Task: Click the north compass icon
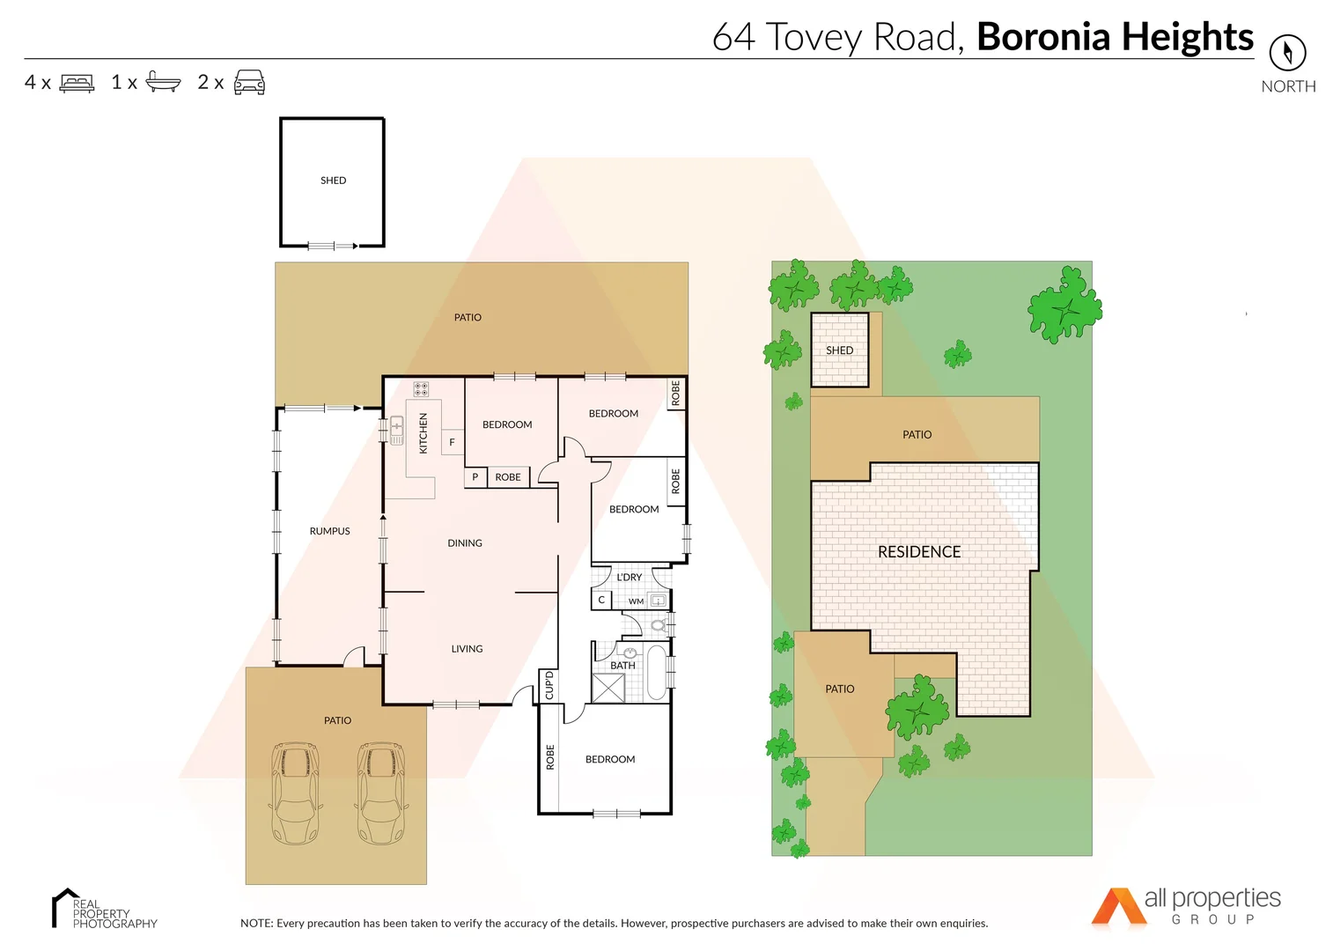click(x=1287, y=53)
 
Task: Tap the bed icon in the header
click(x=77, y=83)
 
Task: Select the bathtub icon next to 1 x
click(x=163, y=82)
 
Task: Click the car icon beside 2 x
click(x=249, y=82)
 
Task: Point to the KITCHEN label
click(x=423, y=433)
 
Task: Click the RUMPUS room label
click(x=329, y=531)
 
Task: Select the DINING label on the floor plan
click(x=464, y=543)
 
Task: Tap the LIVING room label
click(x=467, y=649)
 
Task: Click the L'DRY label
click(x=629, y=578)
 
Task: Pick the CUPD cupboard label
click(x=549, y=685)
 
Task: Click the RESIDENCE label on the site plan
click(x=918, y=552)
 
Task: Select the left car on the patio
click(x=295, y=793)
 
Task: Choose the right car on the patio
click(x=380, y=793)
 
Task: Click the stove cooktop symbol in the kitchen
click(x=421, y=388)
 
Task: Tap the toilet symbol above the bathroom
click(x=658, y=625)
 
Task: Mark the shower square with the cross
click(x=608, y=688)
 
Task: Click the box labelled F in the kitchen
click(x=452, y=442)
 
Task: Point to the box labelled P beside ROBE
click(x=475, y=477)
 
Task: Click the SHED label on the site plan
click(x=839, y=350)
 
